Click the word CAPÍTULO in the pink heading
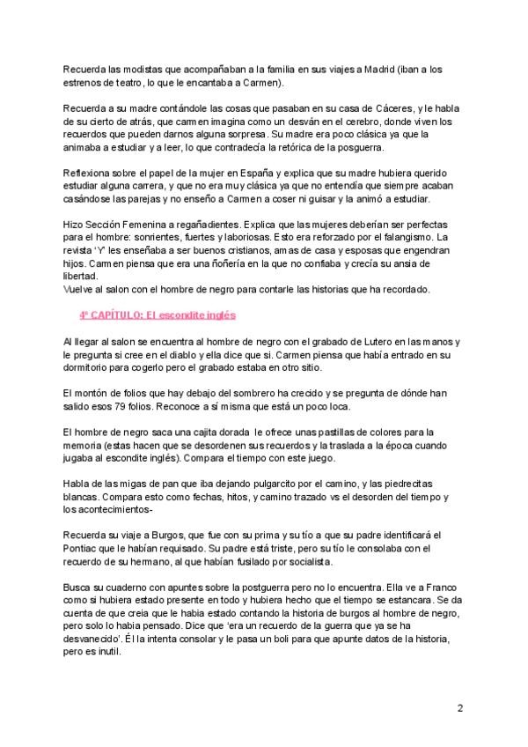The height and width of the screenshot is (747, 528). pos(123,314)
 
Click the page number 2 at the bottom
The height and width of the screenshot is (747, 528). pos(460,707)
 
